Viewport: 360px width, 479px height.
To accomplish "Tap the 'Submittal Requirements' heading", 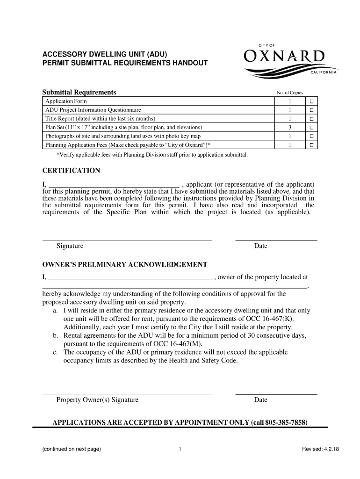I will [79, 92].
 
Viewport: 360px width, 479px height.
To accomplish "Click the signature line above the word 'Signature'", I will [127, 239].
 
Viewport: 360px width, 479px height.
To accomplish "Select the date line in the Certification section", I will [276, 239].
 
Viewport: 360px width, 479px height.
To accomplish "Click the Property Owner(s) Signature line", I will [127, 393].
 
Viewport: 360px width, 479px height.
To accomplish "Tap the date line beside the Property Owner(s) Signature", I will [276, 393].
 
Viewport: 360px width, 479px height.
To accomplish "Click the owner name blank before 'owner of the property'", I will [131, 277].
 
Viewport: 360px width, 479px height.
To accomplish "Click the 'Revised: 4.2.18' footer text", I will [321, 450].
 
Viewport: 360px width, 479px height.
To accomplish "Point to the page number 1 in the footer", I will [180, 450].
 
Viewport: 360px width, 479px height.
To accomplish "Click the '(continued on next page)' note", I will [71, 450].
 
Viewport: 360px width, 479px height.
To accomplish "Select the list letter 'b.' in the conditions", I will [56, 336].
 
